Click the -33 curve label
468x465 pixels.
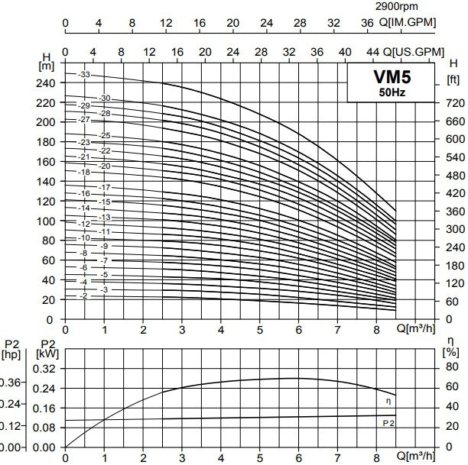(x=84, y=74)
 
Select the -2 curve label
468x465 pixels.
(x=84, y=295)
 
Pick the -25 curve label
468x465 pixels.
(x=106, y=135)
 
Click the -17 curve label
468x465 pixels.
(x=106, y=187)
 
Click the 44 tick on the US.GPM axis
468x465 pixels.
(x=373, y=50)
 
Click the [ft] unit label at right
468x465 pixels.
(x=452, y=79)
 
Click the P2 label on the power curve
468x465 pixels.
(x=388, y=421)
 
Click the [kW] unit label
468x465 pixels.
(x=47, y=354)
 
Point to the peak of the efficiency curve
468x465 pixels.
(x=298, y=378)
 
